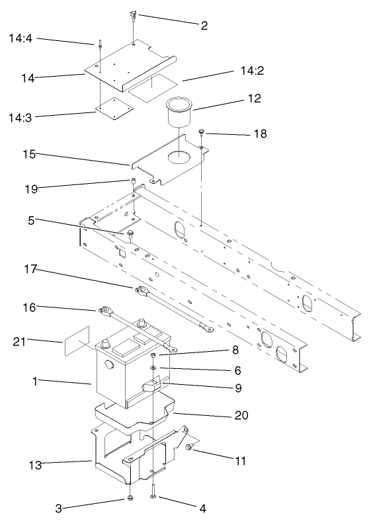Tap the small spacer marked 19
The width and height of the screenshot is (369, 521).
tap(133, 182)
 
